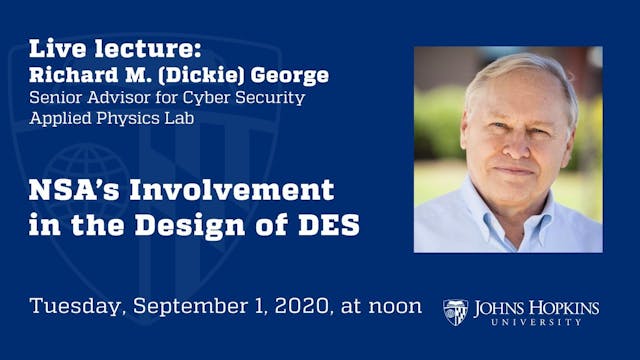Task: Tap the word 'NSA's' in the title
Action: (68, 189)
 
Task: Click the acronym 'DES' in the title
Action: (326, 225)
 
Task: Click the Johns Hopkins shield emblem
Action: (455, 312)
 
